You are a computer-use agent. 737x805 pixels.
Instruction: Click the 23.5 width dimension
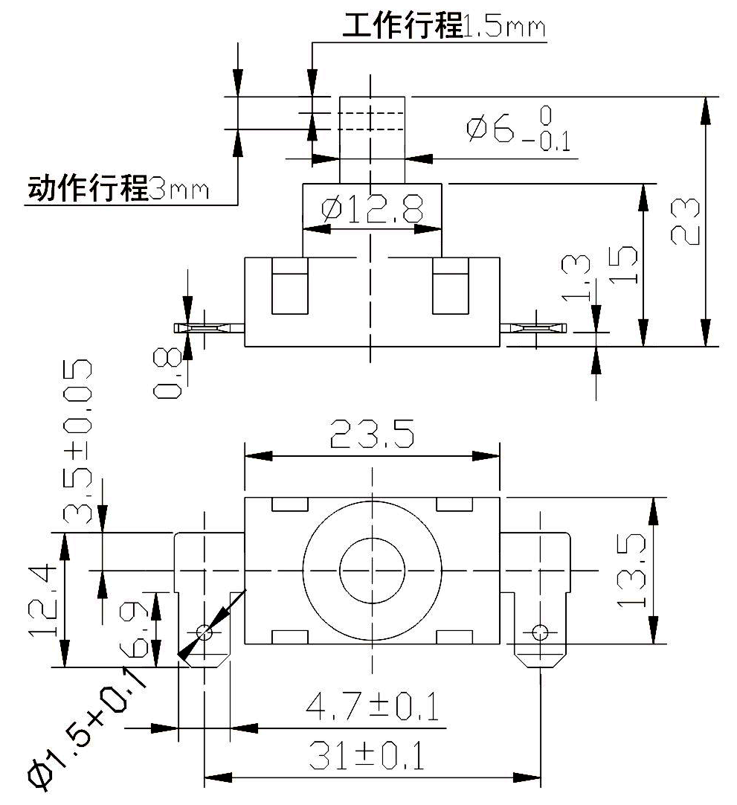pyautogui.click(x=372, y=434)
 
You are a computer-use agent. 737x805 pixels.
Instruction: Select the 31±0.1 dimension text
pyautogui.click(x=367, y=755)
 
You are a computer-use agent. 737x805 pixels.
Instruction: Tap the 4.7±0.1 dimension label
pyautogui.click(x=372, y=706)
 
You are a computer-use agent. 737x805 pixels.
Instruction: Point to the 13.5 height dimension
pyautogui.click(x=631, y=571)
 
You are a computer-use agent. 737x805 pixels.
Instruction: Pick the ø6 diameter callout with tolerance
pyautogui.click(x=518, y=129)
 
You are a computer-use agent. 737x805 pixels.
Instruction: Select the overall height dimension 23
pyautogui.click(x=685, y=221)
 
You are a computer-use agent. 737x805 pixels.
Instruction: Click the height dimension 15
pyautogui.click(x=623, y=265)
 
